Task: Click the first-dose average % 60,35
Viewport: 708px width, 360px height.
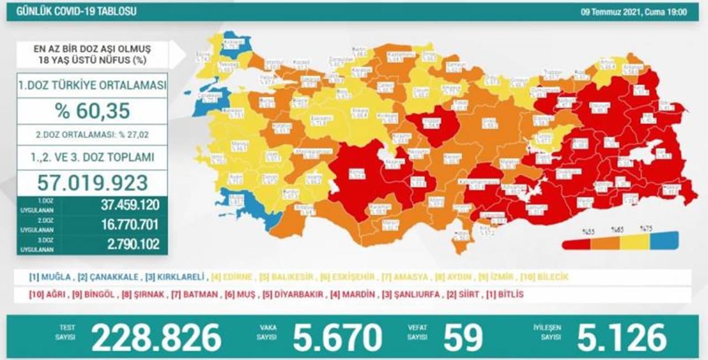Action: tap(92, 111)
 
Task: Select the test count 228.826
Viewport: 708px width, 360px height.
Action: tap(156, 337)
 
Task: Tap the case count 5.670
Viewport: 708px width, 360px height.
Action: tap(337, 337)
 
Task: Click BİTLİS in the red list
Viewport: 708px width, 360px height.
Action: tap(507, 295)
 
